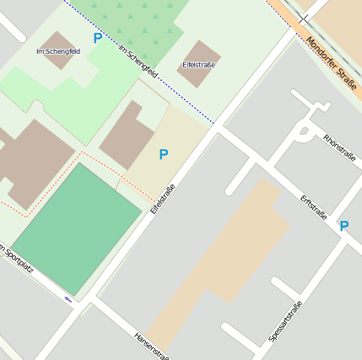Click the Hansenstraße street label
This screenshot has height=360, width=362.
pos(152,346)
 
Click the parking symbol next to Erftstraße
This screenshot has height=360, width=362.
pos(343,226)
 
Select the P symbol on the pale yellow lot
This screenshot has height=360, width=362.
pos(164,154)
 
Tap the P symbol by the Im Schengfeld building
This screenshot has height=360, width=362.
pos(98,38)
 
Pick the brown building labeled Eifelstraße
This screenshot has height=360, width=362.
pos(199,63)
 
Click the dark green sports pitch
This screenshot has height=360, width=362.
pos(77,227)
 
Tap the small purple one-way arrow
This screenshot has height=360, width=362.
pos(68,298)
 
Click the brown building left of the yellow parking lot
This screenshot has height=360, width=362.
pos(127,135)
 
